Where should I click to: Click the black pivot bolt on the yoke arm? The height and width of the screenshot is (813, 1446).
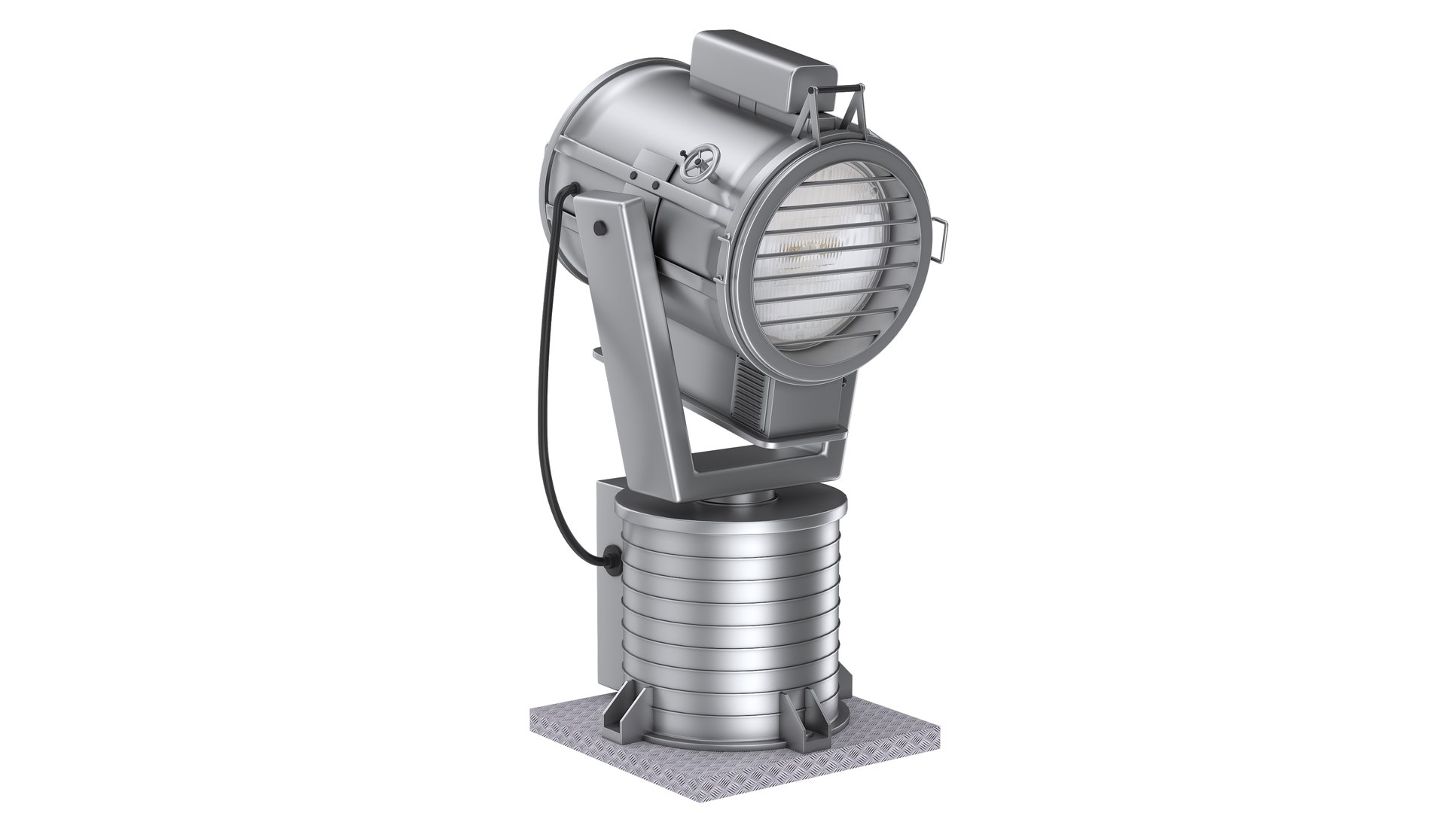click(x=599, y=227)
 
